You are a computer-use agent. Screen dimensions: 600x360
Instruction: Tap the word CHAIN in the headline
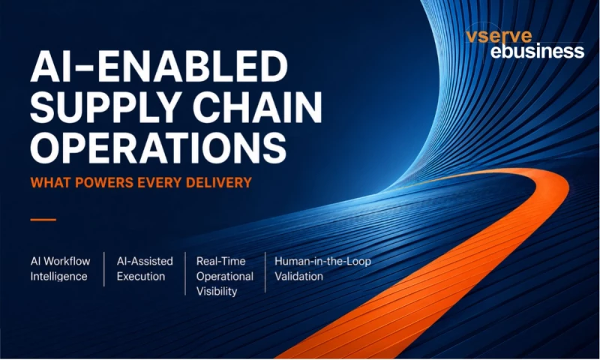[257, 107]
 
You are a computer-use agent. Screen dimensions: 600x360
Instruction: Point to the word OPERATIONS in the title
[158, 148]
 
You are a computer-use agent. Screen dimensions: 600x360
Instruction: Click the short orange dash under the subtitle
[43, 220]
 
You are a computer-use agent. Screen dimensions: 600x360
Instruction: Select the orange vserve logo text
[499, 36]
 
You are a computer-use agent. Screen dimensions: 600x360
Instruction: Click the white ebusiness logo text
[537, 51]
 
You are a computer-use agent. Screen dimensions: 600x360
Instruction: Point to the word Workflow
[67, 261]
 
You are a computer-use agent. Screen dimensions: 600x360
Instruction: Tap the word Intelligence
[59, 277]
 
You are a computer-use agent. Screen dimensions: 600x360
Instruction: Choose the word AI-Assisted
[145, 261]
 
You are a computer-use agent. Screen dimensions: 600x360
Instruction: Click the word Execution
[141, 276]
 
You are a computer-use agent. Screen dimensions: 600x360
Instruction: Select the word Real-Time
[220, 261]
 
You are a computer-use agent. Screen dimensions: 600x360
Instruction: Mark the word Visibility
[217, 292]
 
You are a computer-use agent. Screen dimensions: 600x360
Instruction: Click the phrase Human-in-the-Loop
[323, 261]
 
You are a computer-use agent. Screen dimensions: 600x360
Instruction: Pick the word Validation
[298, 276]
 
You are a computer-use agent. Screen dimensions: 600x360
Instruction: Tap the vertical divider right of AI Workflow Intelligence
[104, 269]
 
